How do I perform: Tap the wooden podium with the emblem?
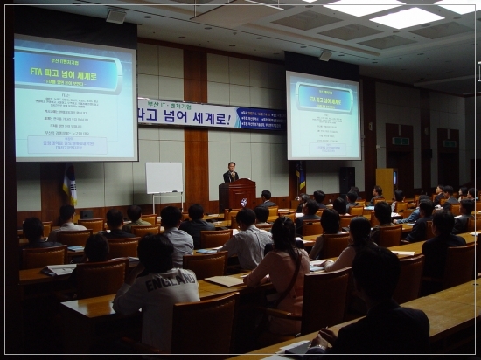click(x=237, y=194)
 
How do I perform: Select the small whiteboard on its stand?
click(x=164, y=178)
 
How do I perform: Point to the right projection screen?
click(x=323, y=116)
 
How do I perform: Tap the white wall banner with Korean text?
click(x=187, y=114)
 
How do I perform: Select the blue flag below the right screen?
click(x=302, y=180)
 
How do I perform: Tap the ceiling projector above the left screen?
click(x=115, y=16)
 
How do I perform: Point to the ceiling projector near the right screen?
click(x=324, y=55)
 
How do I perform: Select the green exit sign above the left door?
click(x=401, y=141)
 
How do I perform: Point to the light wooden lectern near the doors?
click(x=385, y=182)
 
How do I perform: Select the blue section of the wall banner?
click(x=261, y=119)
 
